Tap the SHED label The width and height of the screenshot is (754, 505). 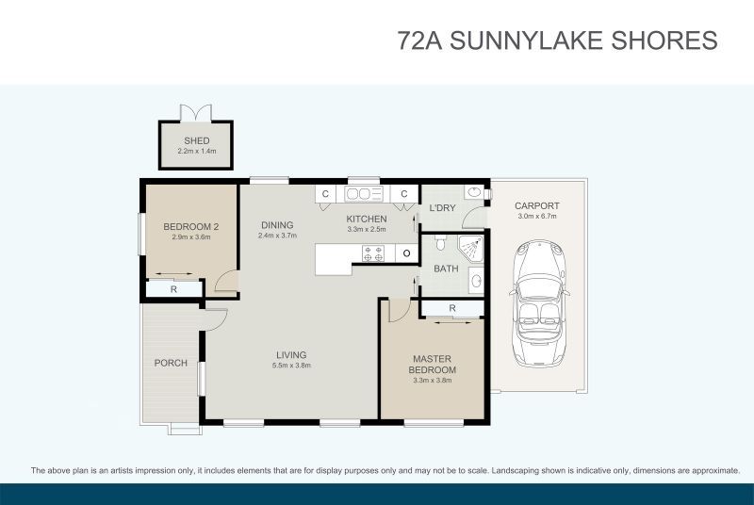[196, 141]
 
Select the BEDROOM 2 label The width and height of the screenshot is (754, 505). [191, 226]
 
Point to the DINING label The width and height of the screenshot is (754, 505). [277, 225]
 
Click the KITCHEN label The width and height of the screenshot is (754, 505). [367, 219]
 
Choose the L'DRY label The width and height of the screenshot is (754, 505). [443, 208]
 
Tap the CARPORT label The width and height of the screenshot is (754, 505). [536, 205]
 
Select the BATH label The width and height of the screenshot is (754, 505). [445, 269]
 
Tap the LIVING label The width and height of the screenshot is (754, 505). [291, 354]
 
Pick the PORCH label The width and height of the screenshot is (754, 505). [171, 363]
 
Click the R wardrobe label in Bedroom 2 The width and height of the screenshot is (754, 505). [173, 290]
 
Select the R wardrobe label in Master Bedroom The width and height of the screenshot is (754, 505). [452, 308]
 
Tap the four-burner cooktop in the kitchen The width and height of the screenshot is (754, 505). [371, 252]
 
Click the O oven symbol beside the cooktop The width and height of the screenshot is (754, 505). [405, 252]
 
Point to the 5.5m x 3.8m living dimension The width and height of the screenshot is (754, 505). [291, 366]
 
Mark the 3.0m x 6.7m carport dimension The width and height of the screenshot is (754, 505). [536, 217]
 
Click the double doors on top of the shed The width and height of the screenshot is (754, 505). [195, 112]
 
